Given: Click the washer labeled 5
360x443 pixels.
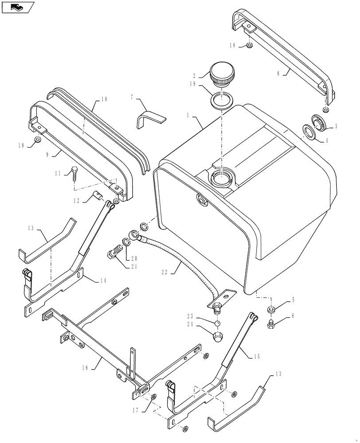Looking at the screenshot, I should (x=271, y=309).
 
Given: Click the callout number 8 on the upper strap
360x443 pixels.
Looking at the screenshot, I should (x=278, y=74).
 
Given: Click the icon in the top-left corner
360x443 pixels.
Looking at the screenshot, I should (x=18, y=7).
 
